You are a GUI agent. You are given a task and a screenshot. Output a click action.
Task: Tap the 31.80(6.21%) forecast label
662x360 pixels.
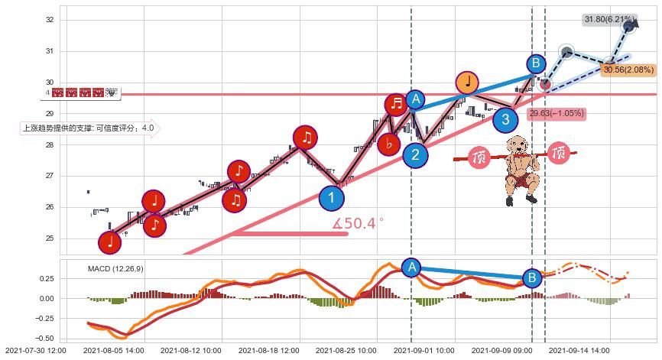(x=609, y=19)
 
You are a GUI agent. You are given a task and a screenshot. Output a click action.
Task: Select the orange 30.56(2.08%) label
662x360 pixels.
(x=628, y=70)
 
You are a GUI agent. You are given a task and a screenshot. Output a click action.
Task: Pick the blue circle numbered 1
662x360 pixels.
(x=332, y=198)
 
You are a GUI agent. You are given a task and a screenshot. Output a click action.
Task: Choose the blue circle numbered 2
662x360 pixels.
(x=415, y=156)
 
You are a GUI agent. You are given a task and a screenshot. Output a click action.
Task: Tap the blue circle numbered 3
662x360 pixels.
(x=505, y=119)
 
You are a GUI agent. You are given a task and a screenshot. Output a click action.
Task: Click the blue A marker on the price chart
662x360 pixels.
(x=415, y=99)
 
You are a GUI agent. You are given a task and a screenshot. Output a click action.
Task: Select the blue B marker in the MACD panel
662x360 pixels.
(x=532, y=277)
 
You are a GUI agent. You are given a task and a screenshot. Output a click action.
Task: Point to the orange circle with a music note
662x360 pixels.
(x=467, y=82)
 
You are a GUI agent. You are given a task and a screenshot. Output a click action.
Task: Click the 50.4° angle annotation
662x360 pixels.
(x=358, y=224)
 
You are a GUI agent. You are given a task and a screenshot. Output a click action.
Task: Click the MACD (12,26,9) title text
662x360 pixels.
(x=115, y=269)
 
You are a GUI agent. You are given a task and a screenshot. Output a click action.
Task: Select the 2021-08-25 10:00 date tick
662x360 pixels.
(x=346, y=351)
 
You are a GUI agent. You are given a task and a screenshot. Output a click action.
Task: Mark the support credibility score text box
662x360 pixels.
(x=89, y=128)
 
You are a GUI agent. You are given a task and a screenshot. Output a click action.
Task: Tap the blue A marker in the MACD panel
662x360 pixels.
(x=411, y=267)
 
